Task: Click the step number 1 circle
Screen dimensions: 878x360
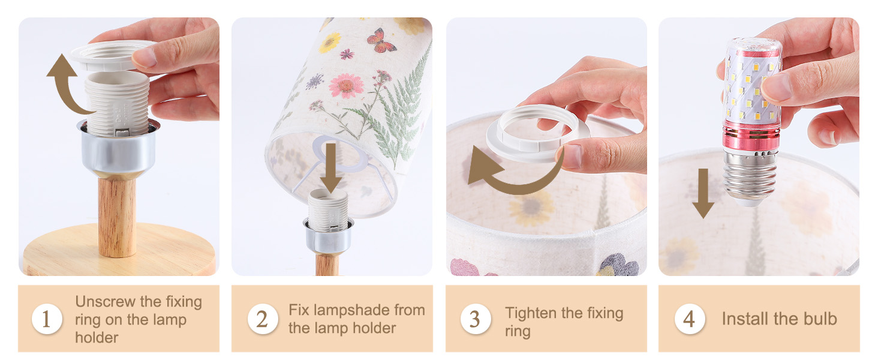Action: pyautogui.click(x=47, y=319)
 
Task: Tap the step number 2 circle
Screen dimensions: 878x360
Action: pyautogui.click(x=263, y=319)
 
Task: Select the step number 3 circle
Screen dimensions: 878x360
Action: pyautogui.click(x=476, y=319)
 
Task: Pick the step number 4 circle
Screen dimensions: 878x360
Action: pyautogui.click(x=690, y=319)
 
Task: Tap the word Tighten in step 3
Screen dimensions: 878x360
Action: pyautogui.click(x=531, y=313)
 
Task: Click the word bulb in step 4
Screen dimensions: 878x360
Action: pyautogui.click(x=820, y=319)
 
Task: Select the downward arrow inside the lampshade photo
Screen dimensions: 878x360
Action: pyautogui.click(x=331, y=168)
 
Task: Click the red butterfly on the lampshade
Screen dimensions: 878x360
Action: pyautogui.click(x=381, y=41)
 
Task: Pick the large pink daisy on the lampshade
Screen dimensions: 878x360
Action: pyautogui.click(x=346, y=85)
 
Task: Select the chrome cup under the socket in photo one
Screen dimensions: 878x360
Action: pyautogui.click(x=118, y=149)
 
